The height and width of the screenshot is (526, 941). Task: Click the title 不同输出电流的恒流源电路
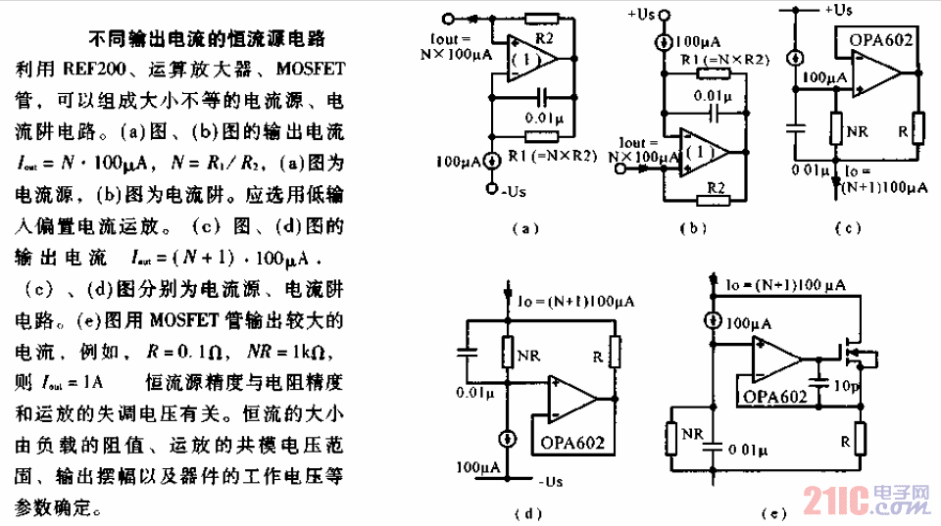[x=208, y=40]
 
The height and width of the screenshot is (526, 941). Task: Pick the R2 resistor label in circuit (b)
[x=717, y=186]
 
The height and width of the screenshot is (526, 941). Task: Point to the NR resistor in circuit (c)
[x=835, y=128]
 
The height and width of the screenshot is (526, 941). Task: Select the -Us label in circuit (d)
[x=550, y=482]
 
